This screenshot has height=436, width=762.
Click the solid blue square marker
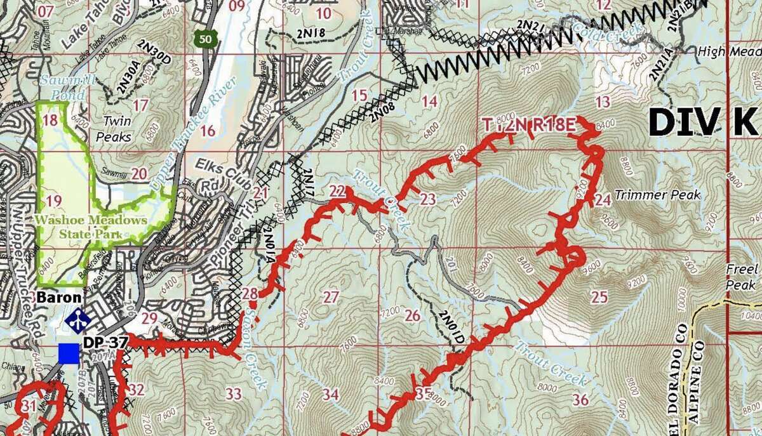[69, 353]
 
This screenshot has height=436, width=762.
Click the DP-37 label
[105, 343]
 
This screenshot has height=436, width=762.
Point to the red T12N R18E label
[529, 126]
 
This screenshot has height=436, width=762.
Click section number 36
[580, 399]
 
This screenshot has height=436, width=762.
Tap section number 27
[331, 296]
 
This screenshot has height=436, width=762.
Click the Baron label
[58, 297]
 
